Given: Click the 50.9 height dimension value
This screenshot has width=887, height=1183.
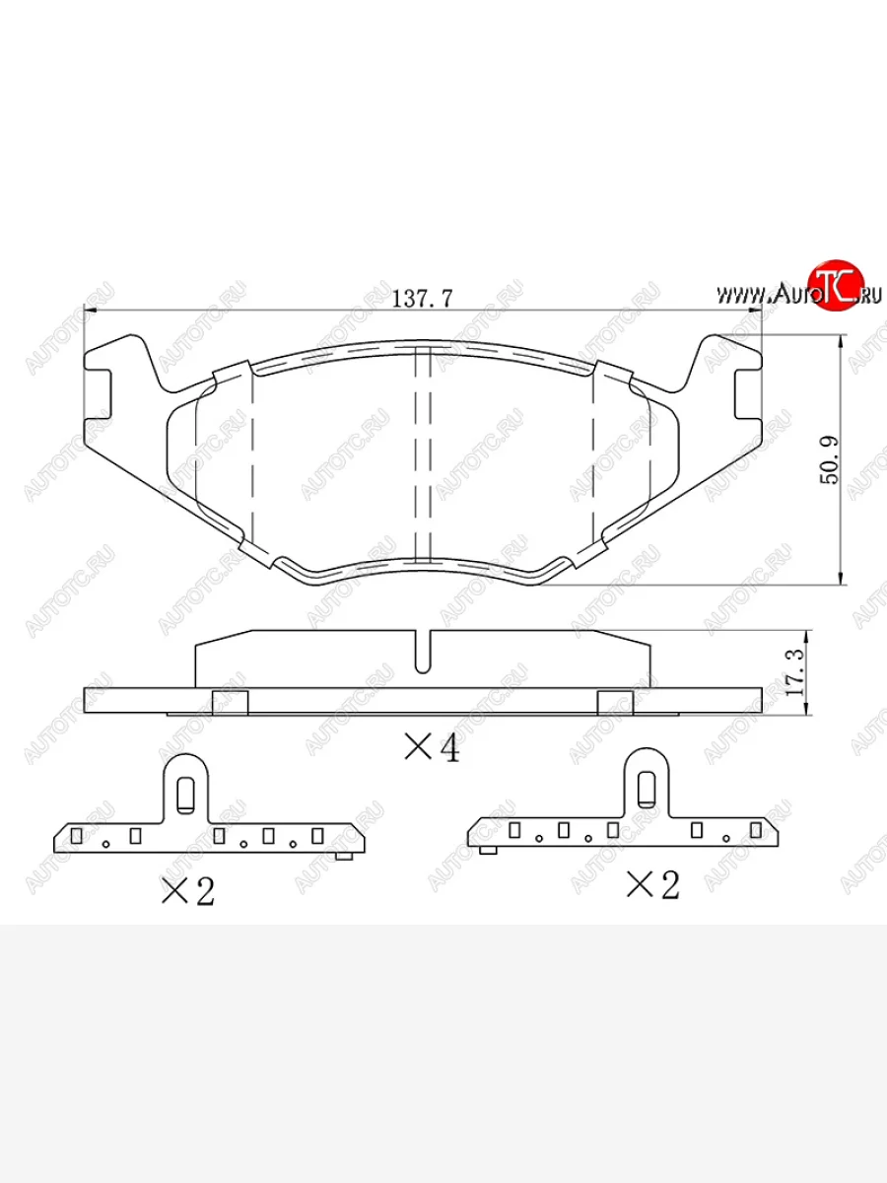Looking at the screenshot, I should pyautogui.click(x=829, y=460).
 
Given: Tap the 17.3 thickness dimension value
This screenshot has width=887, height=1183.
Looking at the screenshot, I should pyautogui.click(x=796, y=673).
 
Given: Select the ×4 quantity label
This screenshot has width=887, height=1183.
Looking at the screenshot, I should pyautogui.click(x=432, y=749).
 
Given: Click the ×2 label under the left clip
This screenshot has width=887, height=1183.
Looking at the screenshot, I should pyautogui.click(x=187, y=892).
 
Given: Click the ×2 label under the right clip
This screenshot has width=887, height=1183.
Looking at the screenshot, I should pyautogui.click(x=652, y=885).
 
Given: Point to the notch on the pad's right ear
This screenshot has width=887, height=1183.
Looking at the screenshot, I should pyautogui.click(x=749, y=392).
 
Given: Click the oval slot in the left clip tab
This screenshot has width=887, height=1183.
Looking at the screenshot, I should pyautogui.click(x=184, y=793).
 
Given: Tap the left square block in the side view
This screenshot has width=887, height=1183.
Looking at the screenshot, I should pyautogui.click(x=230, y=702).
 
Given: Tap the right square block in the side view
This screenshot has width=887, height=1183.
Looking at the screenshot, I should pyautogui.click(x=615, y=702).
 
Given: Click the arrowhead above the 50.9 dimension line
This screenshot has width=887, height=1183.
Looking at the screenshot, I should pyautogui.click(x=840, y=342).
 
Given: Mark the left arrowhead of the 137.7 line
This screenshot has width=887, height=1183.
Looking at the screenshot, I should pyautogui.click(x=91, y=313).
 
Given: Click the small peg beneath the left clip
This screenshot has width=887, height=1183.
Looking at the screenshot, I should pyautogui.click(x=343, y=856).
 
